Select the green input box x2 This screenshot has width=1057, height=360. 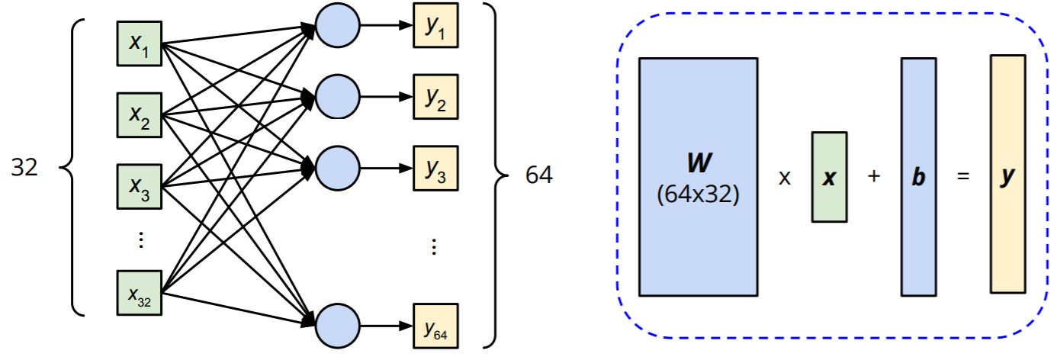click(x=140, y=116)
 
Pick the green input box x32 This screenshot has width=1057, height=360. click(x=140, y=292)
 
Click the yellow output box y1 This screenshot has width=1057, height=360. click(x=435, y=28)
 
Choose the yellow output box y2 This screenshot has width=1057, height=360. click(x=435, y=98)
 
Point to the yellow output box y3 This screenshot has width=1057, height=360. click(x=435, y=168)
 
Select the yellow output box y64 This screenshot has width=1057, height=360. click(x=435, y=326)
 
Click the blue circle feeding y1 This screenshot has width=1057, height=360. click(x=337, y=27)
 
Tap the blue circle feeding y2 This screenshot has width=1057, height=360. click(x=337, y=97)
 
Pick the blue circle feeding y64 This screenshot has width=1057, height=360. click(x=337, y=325)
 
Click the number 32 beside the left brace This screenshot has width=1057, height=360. click(x=25, y=169)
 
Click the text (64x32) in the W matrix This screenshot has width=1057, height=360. click(x=698, y=195)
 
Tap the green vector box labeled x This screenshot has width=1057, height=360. click(x=829, y=177)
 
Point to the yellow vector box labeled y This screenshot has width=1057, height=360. click(x=1008, y=174)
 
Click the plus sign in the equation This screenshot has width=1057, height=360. click(x=874, y=176)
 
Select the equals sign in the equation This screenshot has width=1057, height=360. click(x=963, y=176)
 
